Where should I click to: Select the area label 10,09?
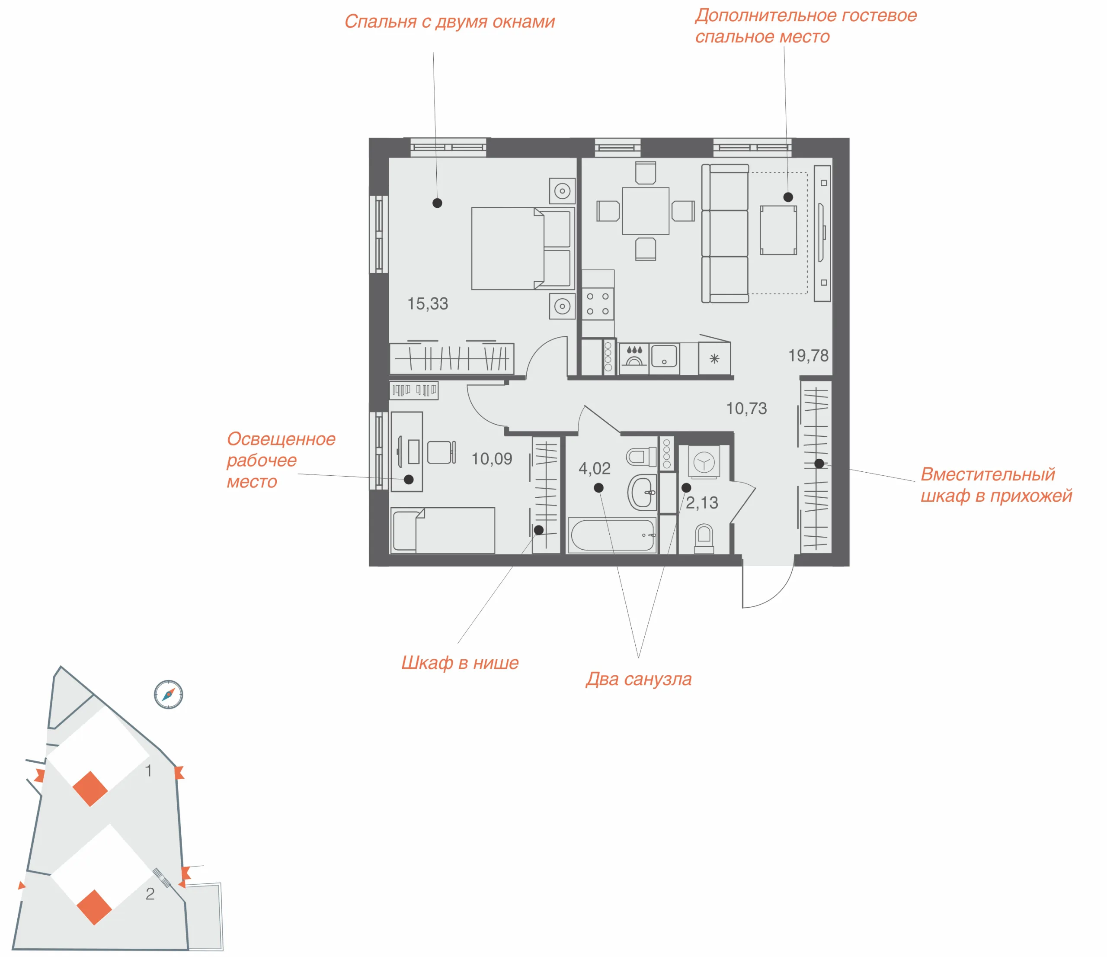pyautogui.click(x=492, y=459)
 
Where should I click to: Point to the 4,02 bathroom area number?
pyautogui.click(x=594, y=469)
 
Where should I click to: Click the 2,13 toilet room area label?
pyautogui.click(x=701, y=503)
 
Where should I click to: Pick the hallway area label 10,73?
pyautogui.click(x=746, y=409)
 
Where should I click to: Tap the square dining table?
pyautogui.click(x=646, y=211)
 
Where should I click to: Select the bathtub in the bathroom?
pyautogui.click(x=612, y=535)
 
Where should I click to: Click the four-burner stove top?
pyautogui.click(x=598, y=304)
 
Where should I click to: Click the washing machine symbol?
pyautogui.click(x=704, y=462)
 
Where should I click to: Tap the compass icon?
pyautogui.click(x=168, y=695)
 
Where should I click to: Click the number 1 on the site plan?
pyautogui.click(x=148, y=771)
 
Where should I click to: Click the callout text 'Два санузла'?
pyautogui.click(x=638, y=680)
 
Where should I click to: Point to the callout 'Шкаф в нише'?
pyautogui.click(x=460, y=664)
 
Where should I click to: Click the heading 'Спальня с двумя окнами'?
pyautogui.click(x=449, y=22)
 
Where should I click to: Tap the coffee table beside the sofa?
pyautogui.click(x=778, y=230)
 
